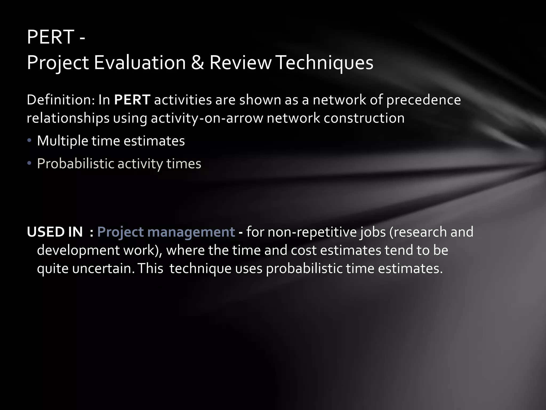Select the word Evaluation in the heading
[x=140, y=63]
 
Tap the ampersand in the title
[x=197, y=63]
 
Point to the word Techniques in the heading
[x=325, y=63]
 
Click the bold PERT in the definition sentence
[x=132, y=100]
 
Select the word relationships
[x=68, y=118]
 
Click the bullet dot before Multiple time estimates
[x=29, y=141]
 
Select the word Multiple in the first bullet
[x=62, y=141]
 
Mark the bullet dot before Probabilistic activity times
[x=29, y=163]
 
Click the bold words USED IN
[x=55, y=232]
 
